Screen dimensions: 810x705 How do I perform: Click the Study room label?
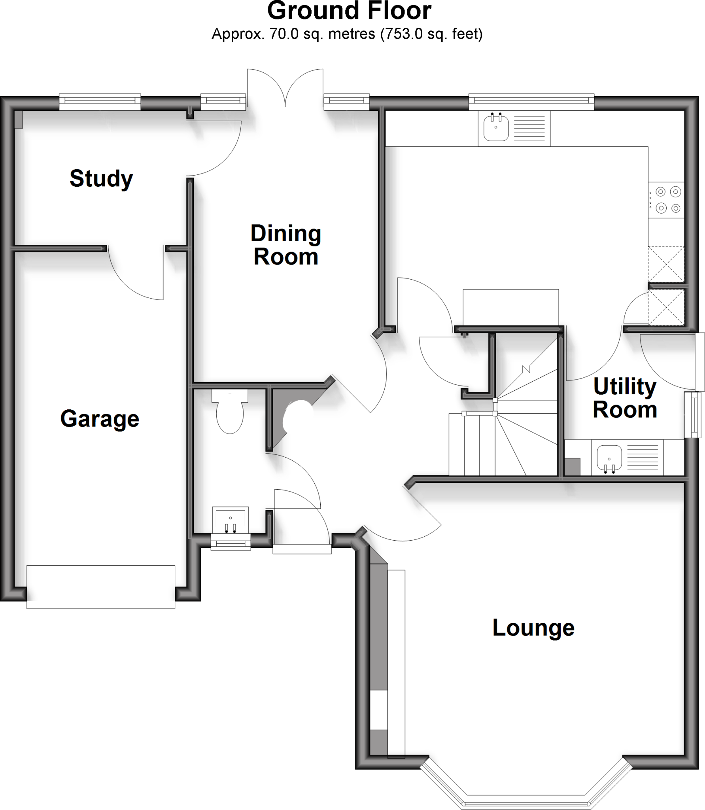tap(101, 179)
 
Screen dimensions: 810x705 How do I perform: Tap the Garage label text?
tap(100, 419)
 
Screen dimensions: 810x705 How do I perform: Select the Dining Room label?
tap(286, 245)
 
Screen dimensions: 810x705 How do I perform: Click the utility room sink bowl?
tap(609, 457)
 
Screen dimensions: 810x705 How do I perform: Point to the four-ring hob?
tap(666, 200)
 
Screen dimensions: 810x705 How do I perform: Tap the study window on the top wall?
tap(100, 102)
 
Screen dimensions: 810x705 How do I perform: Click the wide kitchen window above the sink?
tap(531, 102)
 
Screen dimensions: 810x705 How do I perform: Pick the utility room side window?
tap(694, 415)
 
